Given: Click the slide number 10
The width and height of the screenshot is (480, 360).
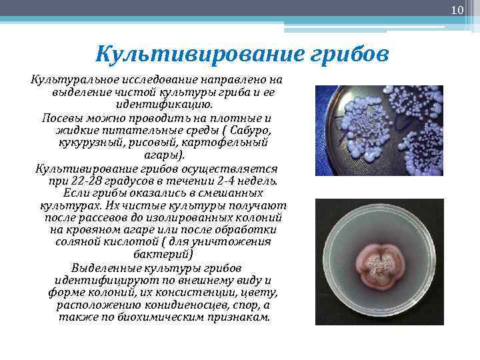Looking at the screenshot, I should click(x=457, y=10).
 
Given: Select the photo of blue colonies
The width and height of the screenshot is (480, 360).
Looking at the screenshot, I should click(x=379, y=131).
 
